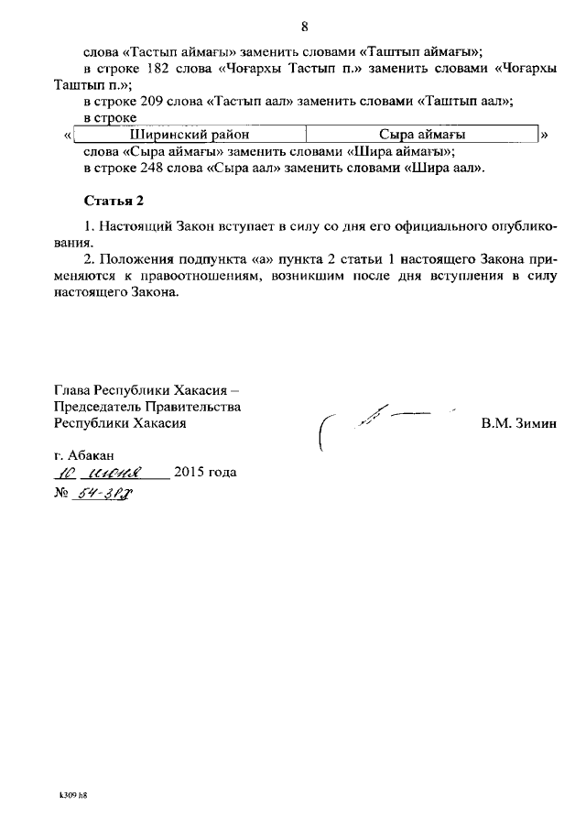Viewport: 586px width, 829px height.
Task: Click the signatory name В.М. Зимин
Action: (x=518, y=423)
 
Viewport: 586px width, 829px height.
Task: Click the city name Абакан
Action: (x=92, y=455)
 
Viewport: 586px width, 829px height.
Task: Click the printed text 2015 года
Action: (x=204, y=473)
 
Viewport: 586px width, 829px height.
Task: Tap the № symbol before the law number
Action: (x=62, y=492)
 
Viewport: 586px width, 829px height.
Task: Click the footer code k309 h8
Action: (x=71, y=795)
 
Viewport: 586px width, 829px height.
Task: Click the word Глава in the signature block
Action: (x=74, y=390)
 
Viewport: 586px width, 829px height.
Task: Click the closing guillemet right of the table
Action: (x=545, y=136)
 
